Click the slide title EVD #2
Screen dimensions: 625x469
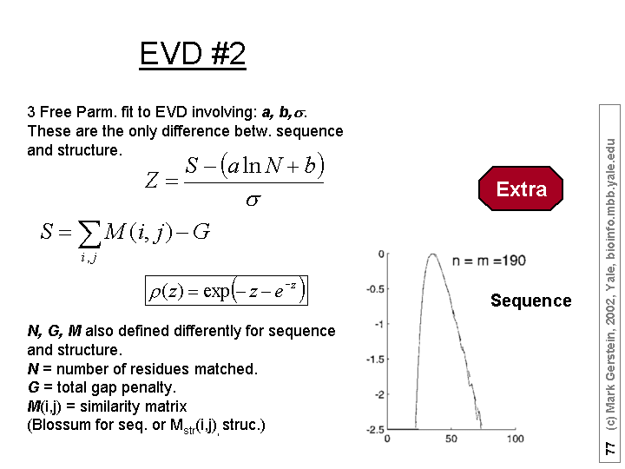193,54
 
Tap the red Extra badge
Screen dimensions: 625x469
521,188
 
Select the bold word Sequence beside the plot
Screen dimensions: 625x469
531,301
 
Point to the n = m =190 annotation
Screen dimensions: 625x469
489,261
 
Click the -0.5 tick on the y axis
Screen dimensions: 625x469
375,288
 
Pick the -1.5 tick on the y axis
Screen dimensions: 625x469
375,360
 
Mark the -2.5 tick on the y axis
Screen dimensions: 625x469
375,430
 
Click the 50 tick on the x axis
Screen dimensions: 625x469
451,439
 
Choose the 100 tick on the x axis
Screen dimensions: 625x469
515,439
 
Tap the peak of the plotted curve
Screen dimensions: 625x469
432,254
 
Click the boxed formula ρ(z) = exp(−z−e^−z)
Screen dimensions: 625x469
227,290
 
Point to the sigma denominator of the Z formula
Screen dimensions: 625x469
253,200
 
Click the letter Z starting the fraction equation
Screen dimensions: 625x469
151,180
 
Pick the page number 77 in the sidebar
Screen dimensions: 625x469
610,448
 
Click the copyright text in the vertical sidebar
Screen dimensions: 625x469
610,284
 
